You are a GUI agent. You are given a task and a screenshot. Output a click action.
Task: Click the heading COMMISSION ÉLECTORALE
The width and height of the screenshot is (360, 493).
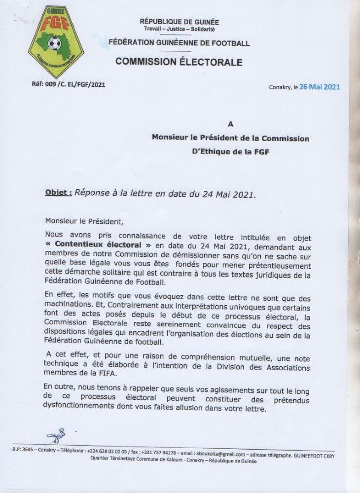[179, 62]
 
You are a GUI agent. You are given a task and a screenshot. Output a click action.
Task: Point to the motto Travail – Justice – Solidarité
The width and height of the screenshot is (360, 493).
[180, 30]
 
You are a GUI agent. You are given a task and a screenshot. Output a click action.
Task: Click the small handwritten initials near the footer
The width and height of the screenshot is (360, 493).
[54, 435]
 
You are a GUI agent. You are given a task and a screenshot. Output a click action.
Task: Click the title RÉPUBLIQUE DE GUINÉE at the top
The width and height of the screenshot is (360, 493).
[180, 22]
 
